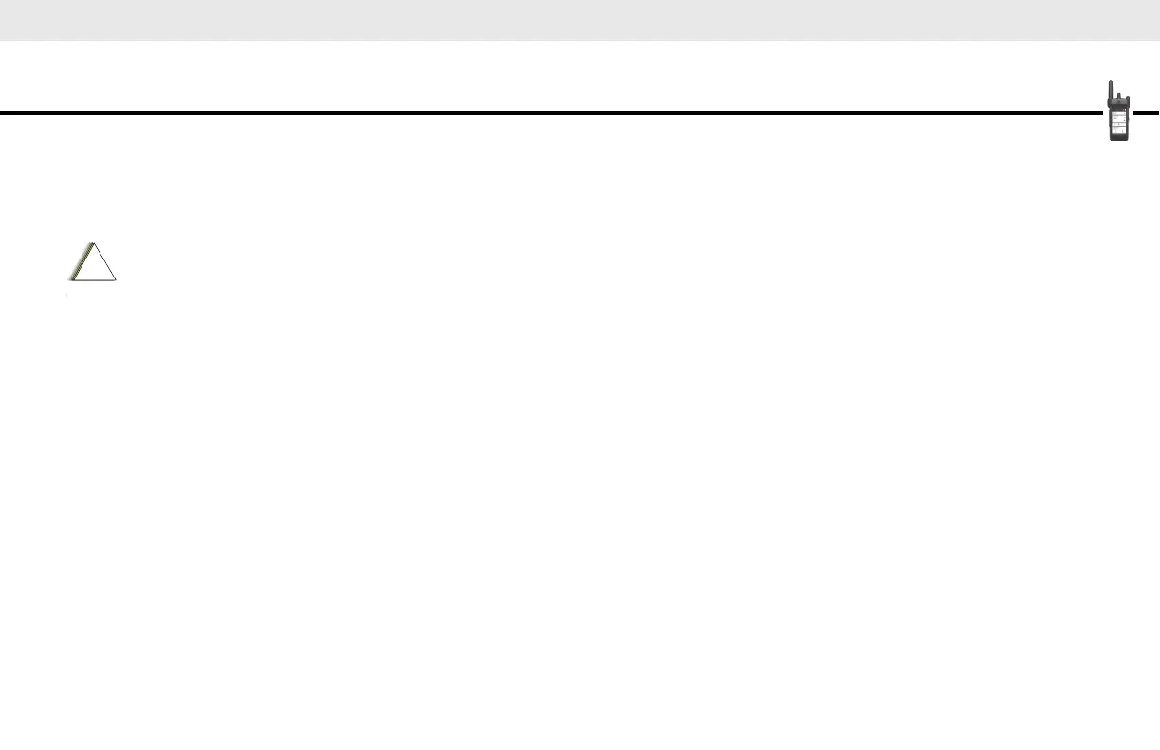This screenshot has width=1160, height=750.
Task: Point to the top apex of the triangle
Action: [x=93, y=243]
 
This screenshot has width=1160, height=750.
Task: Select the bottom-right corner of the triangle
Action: [x=116, y=279]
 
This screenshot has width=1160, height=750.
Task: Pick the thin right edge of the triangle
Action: [x=105, y=262]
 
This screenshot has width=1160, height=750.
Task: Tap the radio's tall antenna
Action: [x=1110, y=93]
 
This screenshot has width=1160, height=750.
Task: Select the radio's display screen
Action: [x=1119, y=122]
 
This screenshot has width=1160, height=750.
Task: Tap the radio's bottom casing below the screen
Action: [x=1119, y=138]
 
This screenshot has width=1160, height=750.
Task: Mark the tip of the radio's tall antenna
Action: [x=1110, y=83]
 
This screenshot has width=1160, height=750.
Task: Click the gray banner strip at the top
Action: [x=580, y=19]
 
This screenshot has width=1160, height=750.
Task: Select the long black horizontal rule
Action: [x=550, y=113]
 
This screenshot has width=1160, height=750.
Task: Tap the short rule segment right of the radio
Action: [x=1146, y=113]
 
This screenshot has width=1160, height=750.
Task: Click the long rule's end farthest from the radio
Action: [x=3, y=113]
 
